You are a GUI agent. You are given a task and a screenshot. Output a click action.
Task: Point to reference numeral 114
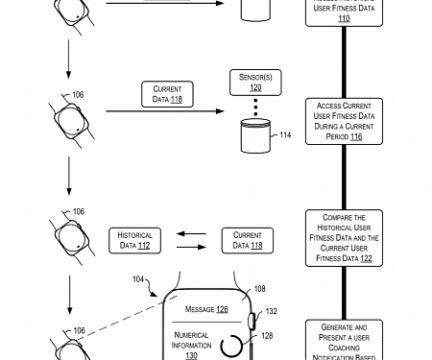pyautogui.click(x=284, y=135)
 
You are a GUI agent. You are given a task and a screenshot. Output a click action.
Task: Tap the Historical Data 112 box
pyautogui.click(x=134, y=240)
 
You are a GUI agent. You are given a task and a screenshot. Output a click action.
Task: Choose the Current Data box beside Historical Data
pyautogui.click(x=248, y=240)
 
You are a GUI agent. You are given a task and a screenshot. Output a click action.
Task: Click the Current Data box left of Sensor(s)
pyautogui.click(x=167, y=94)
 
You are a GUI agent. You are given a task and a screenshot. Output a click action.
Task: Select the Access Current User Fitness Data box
pyautogui.click(x=344, y=120)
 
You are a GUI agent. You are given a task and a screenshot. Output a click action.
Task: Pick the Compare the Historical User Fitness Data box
pyautogui.click(x=344, y=238)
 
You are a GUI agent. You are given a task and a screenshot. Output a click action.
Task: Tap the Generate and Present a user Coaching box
pyautogui.click(x=344, y=341)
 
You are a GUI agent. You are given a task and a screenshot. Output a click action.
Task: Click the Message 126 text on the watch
pyautogui.click(x=206, y=309)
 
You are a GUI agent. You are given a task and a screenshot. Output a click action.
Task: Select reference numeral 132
pyautogui.click(x=271, y=311)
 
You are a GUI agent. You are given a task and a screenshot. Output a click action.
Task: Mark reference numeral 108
pyautogui.click(x=259, y=288)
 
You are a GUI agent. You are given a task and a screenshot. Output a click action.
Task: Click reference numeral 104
pyautogui.click(x=137, y=279)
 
